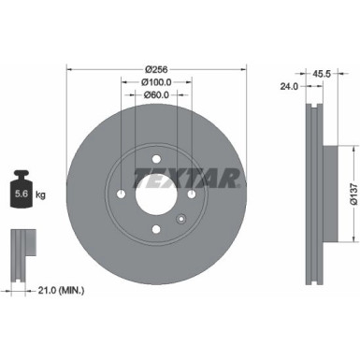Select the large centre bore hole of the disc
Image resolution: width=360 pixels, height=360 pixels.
point(156,194)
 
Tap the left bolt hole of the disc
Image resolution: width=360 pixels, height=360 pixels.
point(122,194)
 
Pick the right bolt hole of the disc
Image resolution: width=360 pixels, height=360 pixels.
point(191,194)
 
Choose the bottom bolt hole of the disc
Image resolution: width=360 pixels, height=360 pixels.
point(156,229)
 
